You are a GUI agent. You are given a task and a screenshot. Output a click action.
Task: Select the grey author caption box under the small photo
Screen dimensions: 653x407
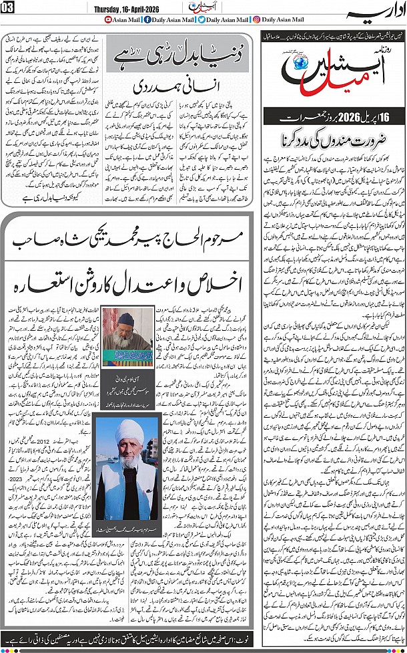tap(125, 379)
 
